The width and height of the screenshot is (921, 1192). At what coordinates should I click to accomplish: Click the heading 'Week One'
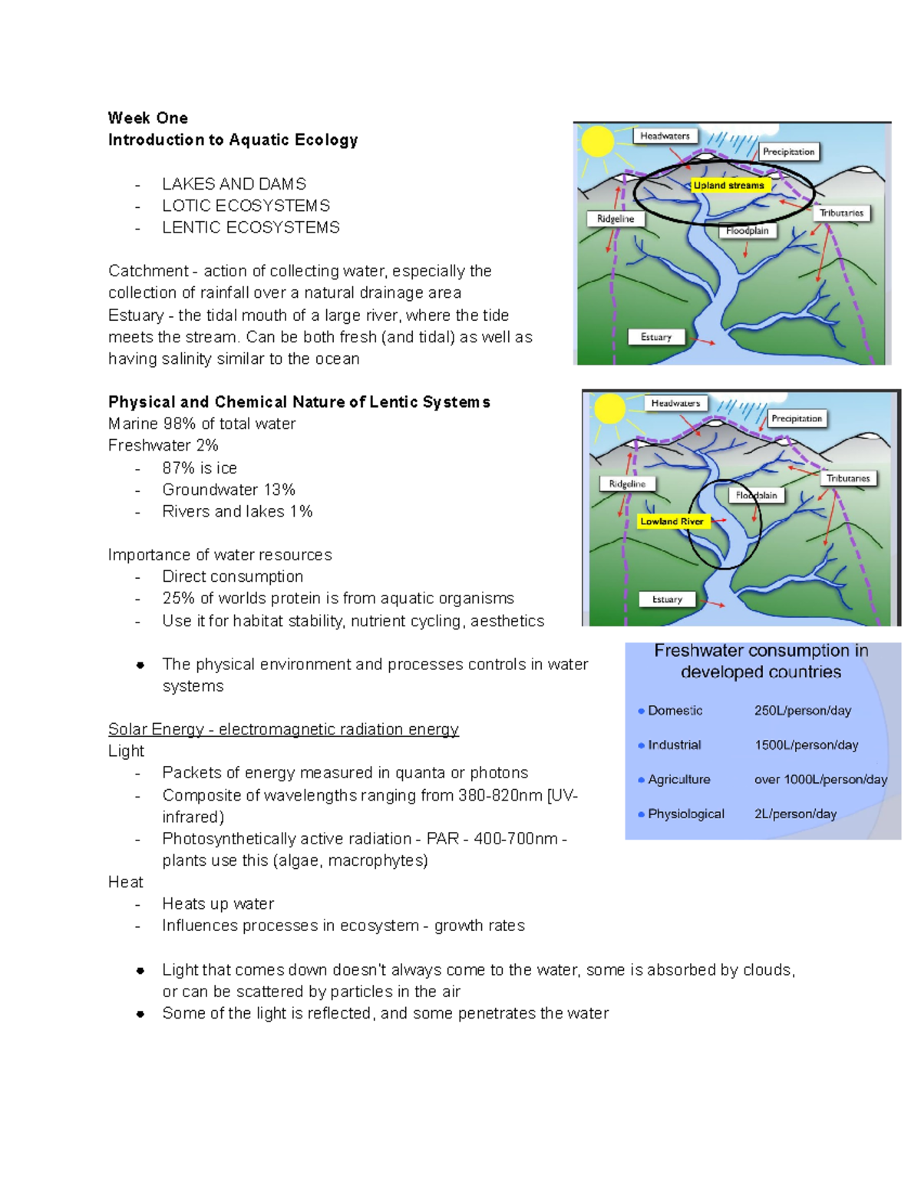[147, 118]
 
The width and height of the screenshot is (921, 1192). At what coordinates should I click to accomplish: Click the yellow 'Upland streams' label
[728, 185]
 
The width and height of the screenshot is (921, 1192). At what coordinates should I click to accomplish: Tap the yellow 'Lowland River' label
[672, 521]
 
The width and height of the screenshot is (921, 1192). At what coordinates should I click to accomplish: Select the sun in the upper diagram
[597, 142]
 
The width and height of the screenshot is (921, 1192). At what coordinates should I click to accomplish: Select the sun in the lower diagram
[610, 408]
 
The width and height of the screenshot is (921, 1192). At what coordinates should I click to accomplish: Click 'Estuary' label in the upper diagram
[655, 337]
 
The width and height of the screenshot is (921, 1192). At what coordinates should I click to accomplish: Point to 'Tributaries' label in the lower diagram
[847, 478]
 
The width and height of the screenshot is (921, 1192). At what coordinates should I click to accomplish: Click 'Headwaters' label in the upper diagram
[665, 136]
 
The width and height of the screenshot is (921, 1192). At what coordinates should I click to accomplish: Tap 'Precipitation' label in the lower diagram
[796, 418]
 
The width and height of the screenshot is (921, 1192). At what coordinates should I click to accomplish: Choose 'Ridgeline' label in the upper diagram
[616, 219]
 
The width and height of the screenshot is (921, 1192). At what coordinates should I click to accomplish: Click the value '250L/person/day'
[802, 711]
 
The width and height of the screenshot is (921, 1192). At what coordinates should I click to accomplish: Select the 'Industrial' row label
[674, 745]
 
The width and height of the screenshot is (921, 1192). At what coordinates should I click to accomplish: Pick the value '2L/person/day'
[795, 814]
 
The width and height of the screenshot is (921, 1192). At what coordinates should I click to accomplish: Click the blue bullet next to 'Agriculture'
[641, 780]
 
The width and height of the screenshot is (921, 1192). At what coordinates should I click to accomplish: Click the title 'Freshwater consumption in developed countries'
[761, 661]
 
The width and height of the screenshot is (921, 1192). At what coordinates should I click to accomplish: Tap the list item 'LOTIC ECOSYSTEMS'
[246, 206]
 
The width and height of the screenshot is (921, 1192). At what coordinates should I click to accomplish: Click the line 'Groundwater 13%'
[229, 490]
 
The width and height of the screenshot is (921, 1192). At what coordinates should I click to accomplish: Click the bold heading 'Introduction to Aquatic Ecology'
[233, 140]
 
